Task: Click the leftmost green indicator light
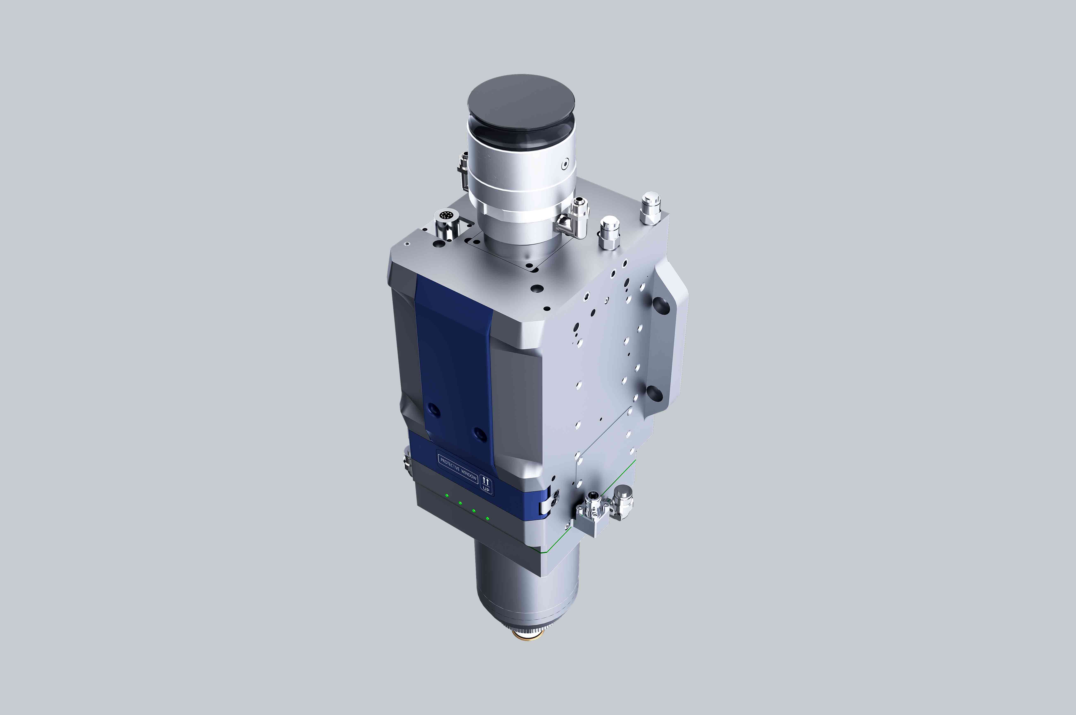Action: (447, 496)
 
